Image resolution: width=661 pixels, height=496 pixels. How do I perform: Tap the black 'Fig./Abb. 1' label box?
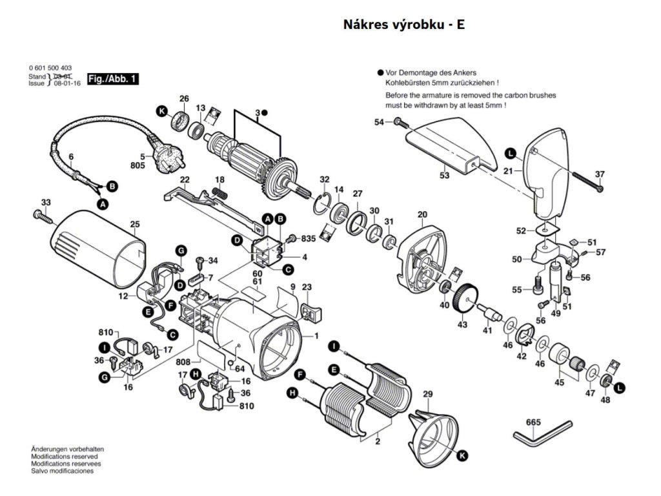point(112,79)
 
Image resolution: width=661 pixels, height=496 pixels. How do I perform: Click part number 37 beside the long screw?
point(600,174)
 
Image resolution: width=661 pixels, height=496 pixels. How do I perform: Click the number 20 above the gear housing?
point(423,215)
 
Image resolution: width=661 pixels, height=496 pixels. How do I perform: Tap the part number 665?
point(533,422)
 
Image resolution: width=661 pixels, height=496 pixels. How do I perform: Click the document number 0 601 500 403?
point(50,68)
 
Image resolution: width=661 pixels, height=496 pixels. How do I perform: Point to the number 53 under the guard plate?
point(444,176)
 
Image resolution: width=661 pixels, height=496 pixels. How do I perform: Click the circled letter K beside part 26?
point(161,111)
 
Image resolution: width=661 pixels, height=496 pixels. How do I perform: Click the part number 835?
point(309,238)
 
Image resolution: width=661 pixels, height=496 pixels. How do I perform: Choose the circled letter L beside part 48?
point(620,387)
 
